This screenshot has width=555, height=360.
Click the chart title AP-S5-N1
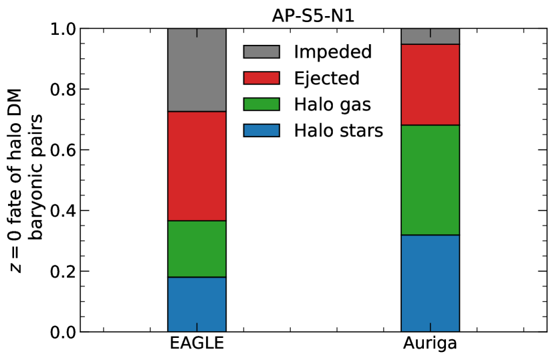tap(313, 15)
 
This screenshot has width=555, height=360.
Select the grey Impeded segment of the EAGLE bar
tap(197, 70)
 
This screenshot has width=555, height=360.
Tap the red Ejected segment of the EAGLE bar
tap(197, 166)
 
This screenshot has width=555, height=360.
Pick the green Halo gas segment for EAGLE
tap(197, 249)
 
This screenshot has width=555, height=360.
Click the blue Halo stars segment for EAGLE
tap(197, 304)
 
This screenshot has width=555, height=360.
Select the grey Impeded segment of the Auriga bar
tap(430, 36)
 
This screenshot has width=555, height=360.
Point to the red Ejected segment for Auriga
tap(430, 85)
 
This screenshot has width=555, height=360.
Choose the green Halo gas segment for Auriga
tap(430, 180)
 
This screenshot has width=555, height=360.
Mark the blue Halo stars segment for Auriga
tap(430, 284)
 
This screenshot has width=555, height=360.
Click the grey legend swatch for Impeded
tap(261, 52)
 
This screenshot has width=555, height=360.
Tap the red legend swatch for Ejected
tap(261, 78)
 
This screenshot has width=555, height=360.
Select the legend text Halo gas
tap(332, 104)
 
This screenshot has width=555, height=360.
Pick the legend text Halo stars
tap(338, 130)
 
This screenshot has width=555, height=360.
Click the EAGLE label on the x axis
tap(197, 343)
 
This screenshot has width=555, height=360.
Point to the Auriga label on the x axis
tap(430, 344)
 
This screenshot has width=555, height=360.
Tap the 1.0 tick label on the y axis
tap(63, 29)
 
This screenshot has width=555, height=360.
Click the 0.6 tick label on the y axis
tap(63, 151)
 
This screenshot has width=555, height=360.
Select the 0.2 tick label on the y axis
tap(63, 272)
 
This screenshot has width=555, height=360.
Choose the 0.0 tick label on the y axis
tap(63, 333)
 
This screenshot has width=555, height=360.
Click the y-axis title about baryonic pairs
tap(26, 181)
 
